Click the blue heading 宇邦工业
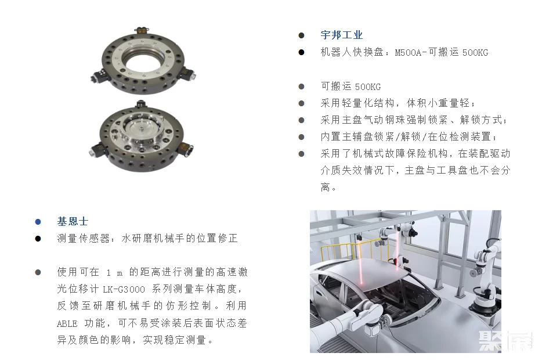342,35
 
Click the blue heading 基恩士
73,221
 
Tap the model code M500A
408,53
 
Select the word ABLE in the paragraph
67,323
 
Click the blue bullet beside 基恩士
38,222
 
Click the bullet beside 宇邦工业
301,35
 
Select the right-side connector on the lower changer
185,149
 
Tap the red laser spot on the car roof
361,282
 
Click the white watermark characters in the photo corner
505,341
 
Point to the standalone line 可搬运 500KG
351,87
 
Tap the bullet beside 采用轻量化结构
301,103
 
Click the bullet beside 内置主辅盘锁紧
301,137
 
